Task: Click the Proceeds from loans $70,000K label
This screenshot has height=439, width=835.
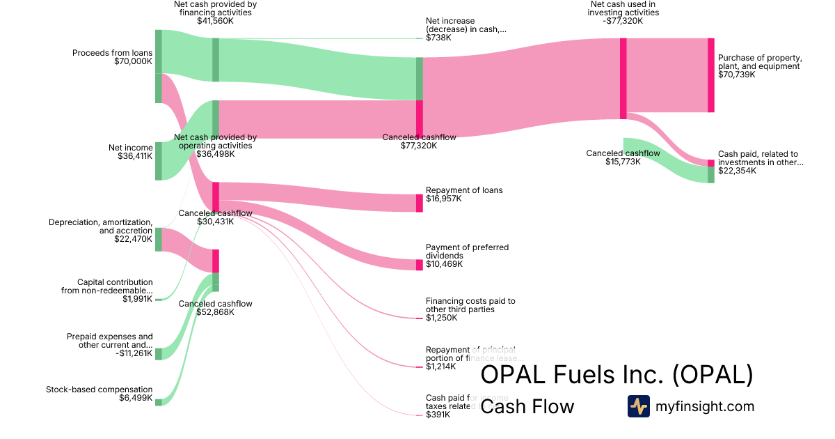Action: (112, 57)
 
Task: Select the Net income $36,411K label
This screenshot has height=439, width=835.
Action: (130, 152)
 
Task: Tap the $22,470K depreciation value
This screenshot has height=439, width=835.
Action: (133, 239)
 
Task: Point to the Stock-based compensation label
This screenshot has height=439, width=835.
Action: (99, 390)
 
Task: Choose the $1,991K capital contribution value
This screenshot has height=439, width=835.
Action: (137, 299)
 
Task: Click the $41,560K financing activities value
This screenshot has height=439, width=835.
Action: (215, 22)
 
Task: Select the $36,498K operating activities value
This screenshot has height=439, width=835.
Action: (215, 154)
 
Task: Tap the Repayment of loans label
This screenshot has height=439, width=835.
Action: (464, 190)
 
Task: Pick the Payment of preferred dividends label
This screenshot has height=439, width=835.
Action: (467, 252)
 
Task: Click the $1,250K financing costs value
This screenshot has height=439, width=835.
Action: (441, 318)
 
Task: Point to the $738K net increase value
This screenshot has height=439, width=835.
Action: (438, 38)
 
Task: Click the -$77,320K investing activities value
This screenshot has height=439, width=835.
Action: (623, 22)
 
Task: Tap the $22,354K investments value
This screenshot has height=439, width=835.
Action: (736, 171)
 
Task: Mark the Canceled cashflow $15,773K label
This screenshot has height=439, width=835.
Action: (623, 157)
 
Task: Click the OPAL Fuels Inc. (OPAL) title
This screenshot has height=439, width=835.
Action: (617, 374)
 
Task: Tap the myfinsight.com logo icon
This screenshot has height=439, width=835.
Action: (638, 406)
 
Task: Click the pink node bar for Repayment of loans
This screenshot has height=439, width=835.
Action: (420, 203)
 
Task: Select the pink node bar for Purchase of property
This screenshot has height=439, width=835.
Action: (710, 75)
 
